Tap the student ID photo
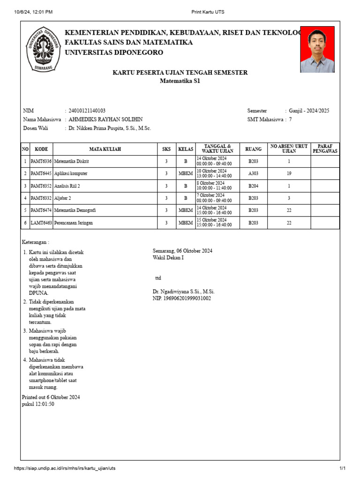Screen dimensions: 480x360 point(317,49)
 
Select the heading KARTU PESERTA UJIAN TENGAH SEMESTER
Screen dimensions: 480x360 point(180,73)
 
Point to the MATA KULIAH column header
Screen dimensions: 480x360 point(105,149)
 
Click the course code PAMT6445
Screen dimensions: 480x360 point(41,173)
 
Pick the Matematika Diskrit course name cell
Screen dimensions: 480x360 point(72,161)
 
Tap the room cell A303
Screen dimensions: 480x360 point(253,173)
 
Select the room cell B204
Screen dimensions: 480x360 point(253,186)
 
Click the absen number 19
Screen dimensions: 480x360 point(289,173)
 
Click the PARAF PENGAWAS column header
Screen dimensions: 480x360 point(325,149)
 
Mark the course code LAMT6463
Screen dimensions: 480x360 point(41,223)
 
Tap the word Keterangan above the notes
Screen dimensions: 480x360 point(36,242)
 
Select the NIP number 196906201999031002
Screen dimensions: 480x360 point(182,298)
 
